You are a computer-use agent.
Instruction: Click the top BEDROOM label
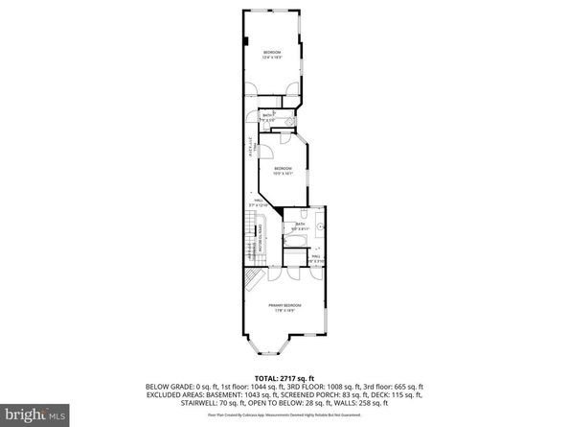pyautogui.click(x=272, y=54)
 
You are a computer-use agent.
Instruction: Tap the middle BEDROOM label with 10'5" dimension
pyautogui.click(x=281, y=172)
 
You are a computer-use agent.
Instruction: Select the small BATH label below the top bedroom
pyautogui.click(x=268, y=117)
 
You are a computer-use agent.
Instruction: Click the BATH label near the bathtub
pyautogui.click(x=300, y=225)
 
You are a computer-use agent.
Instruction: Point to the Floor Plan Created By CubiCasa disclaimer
pyautogui.click(x=283, y=415)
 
